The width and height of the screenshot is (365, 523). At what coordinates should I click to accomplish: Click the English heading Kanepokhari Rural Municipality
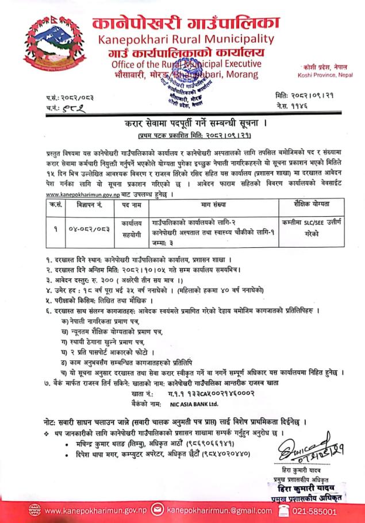coord(186,39)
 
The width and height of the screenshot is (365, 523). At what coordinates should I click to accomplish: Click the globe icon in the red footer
coord(36,510)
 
